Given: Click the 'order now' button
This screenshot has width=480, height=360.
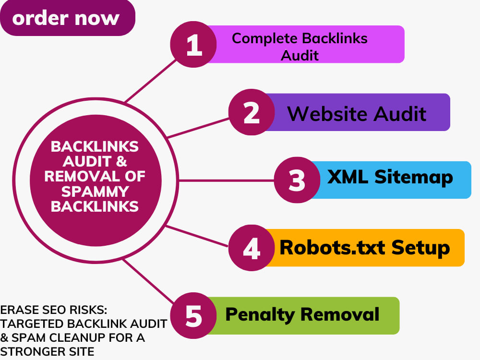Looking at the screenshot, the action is click(x=67, y=18).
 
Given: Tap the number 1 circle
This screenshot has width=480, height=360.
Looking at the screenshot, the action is click(x=193, y=44).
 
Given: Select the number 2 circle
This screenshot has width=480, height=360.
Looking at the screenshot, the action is click(x=252, y=112).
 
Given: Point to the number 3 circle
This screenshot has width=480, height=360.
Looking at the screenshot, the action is click(x=297, y=180).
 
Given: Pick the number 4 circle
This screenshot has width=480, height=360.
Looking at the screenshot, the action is click(x=252, y=248).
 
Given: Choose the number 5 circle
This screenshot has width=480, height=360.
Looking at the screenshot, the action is click(x=193, y=316).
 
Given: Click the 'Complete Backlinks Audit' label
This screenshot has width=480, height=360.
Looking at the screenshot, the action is click(x=300, y=47).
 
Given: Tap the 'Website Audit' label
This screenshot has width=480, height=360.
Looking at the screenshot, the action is click(x=357, y=114).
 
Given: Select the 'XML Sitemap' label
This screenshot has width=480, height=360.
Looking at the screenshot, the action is click(x=390, y=177).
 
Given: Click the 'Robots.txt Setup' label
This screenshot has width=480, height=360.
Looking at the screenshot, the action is click(x=365, y=248).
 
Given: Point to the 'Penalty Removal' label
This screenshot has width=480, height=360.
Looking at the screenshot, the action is click(x=302, y=315).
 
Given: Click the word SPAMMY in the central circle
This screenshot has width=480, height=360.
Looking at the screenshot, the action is click(x=95, y=192).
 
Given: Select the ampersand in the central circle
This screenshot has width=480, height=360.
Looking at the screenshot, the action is click(x=121, y=161).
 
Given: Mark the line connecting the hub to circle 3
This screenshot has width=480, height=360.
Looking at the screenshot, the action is click(x=226, y=180).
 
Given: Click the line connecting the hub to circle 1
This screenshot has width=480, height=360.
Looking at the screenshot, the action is click(x=151, y=81).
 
